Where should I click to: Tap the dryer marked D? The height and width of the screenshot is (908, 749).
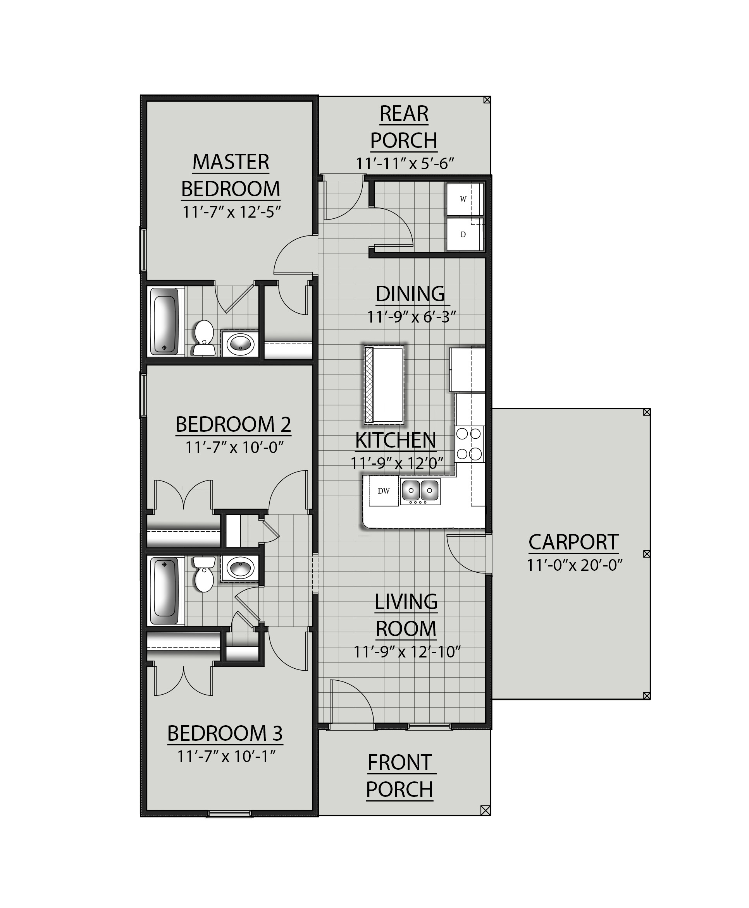click(464, 235)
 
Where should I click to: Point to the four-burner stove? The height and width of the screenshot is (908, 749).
click(469, 444)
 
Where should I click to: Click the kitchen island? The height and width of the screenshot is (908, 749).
click(384, 384)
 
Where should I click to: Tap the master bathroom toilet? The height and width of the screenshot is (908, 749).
click(204, 338)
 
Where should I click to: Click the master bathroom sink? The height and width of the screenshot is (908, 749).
click(240, 343)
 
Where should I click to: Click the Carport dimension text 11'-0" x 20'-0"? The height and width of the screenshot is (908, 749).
click(574, 565)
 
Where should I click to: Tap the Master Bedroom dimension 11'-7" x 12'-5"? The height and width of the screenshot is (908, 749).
click(232, 212)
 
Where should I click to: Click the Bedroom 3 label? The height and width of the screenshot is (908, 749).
click(225, 733)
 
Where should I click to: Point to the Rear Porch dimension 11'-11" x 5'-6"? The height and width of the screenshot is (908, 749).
click(405, 164)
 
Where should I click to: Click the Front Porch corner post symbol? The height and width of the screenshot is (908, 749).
click(485, 810)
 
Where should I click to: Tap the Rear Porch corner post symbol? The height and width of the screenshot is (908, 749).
click(487, 100)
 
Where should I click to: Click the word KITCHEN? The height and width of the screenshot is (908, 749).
click(396, 440)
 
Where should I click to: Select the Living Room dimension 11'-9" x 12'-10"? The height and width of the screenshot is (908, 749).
click(407, 652)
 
